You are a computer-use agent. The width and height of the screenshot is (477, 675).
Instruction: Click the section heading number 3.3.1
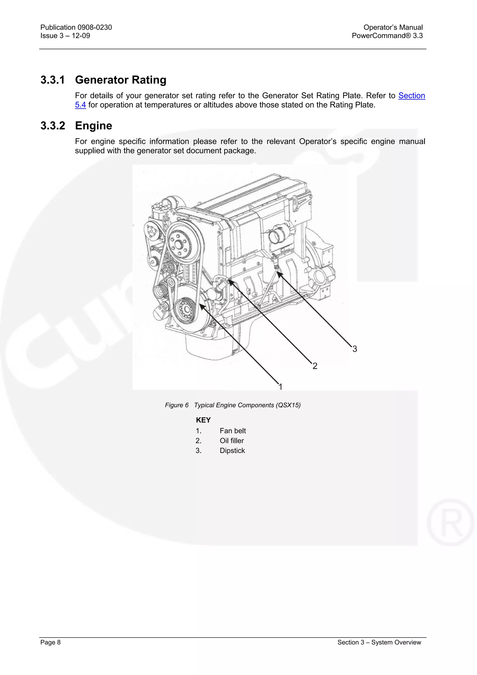coord(53,80)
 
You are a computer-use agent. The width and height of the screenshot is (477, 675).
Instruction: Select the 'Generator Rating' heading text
coord(120,80)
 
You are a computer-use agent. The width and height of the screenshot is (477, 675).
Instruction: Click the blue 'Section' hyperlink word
coord(412,96)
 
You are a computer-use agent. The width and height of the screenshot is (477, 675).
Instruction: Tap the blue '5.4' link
coord(80,105)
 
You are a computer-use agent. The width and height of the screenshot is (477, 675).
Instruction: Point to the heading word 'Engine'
coord(93,126)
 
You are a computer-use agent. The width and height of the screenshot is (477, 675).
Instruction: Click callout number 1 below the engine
coord(280,387)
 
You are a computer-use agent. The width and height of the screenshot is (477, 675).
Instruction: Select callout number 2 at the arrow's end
coord(315,366)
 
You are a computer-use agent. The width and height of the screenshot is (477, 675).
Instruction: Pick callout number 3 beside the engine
coord(355,349)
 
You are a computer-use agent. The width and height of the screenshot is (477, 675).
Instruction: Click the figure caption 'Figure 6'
coord(177,405)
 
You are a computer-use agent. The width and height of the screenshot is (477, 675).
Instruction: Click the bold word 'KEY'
coord(203,420)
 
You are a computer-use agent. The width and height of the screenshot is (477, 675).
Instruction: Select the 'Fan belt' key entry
coord(232,431)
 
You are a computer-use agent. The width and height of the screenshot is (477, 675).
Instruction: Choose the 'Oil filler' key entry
coord(232,441)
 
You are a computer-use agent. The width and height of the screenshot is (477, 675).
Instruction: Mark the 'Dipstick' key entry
coord(232,451)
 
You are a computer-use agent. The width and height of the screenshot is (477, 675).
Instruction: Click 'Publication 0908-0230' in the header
coord(76,27)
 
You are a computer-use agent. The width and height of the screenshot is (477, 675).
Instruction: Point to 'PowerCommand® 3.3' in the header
coord(387,36)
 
